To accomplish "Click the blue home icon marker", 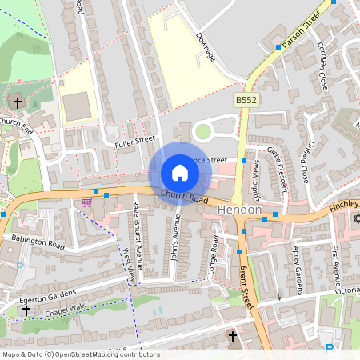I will tap(180, 173).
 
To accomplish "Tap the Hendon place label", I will tap(239, 210).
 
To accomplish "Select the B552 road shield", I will tap(246, 100).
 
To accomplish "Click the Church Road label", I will tap(184, 197).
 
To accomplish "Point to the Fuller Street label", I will tap(134, 142).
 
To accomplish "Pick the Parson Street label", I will tap(302, 28).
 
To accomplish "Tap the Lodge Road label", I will tap(212, 254).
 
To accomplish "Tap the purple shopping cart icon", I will tap(86, 202).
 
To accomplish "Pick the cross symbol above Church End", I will tap(18, 102).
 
